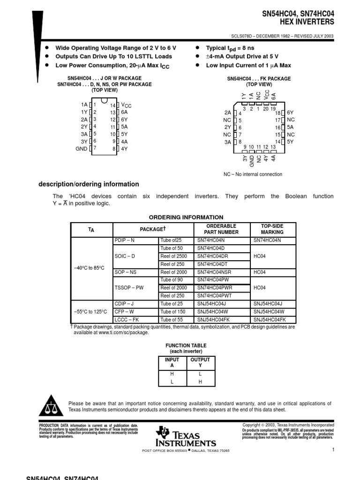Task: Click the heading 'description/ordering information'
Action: (89, 184)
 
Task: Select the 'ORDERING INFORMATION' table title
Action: (186, 217)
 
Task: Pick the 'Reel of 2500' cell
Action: (173, 256)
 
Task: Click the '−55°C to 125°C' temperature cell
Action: (90, 311)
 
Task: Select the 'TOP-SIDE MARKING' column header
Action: (272, 229)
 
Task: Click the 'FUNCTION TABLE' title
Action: (186, 345)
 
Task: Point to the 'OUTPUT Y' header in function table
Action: (201, 363)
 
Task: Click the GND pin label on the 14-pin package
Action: (82, 149)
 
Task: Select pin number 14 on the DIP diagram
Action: (113, 105)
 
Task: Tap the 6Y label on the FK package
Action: (290, 113)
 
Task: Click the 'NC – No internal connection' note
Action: (253, 174)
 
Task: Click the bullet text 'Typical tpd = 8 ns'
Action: (231, 48)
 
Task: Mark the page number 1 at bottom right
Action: (332, 450)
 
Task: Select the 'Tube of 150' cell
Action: (173, 311)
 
